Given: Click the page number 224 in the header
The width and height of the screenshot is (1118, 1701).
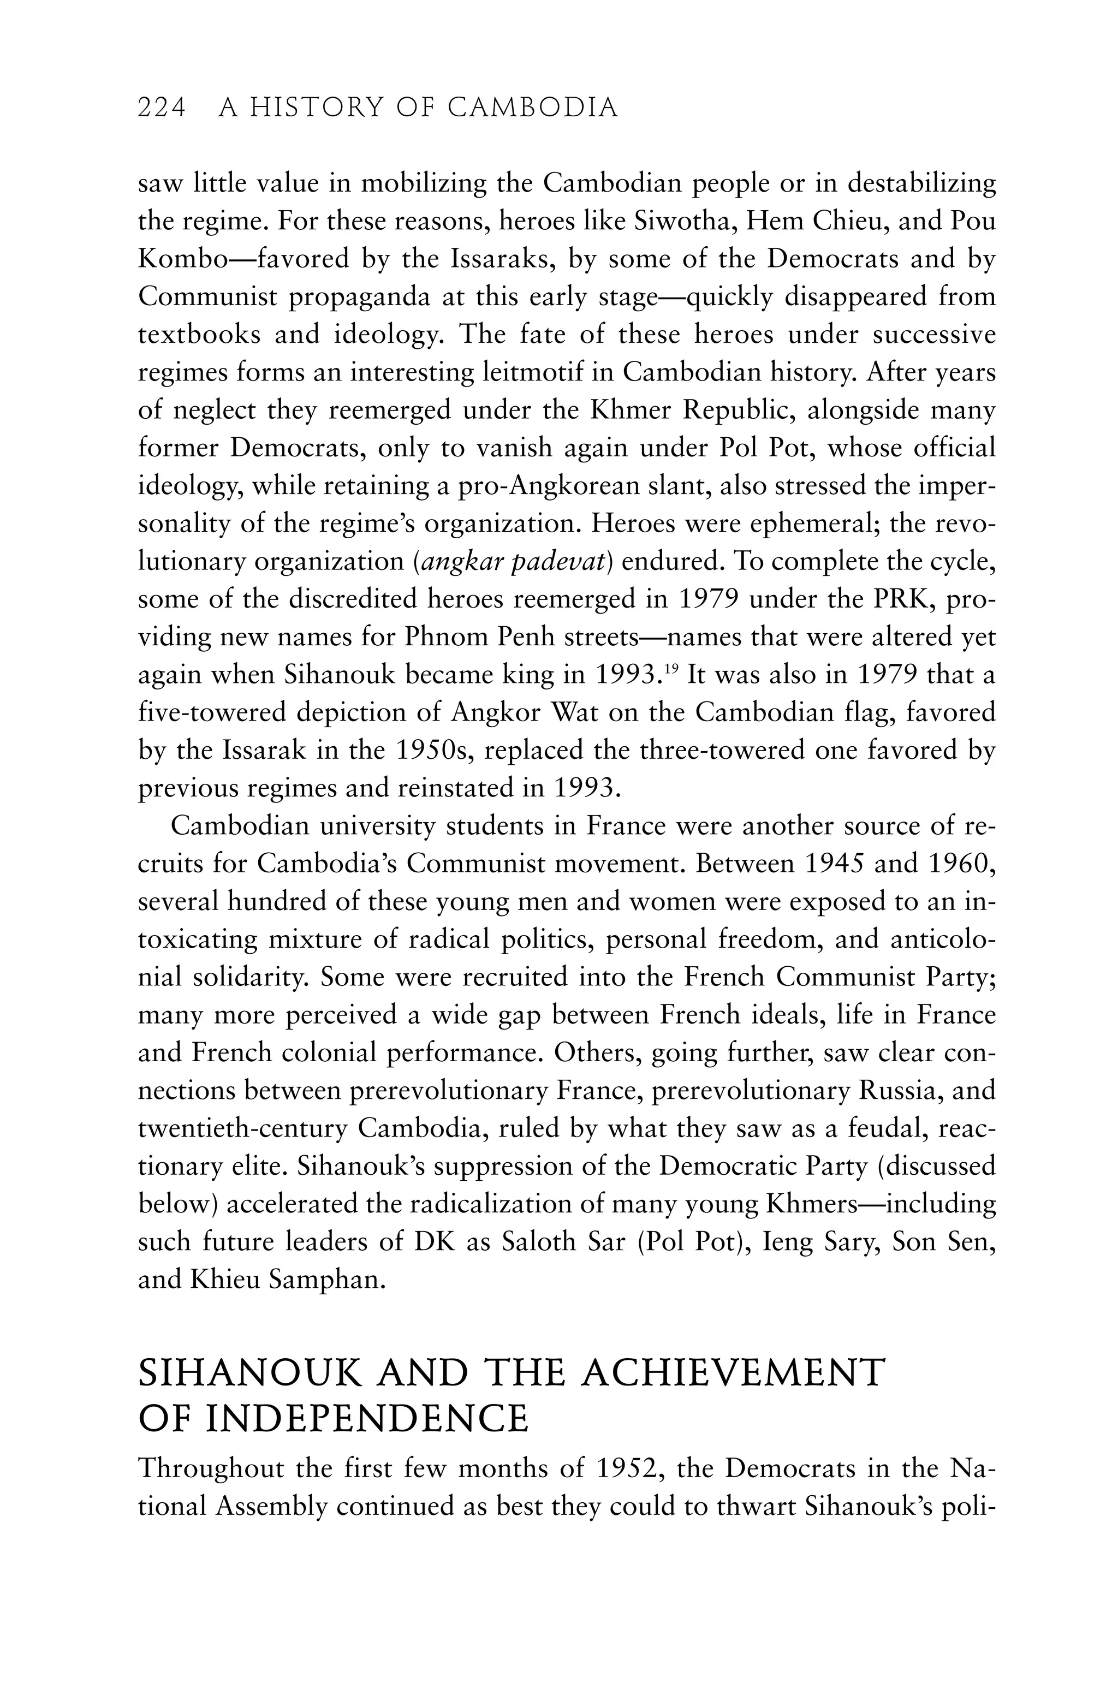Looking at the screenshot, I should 162,108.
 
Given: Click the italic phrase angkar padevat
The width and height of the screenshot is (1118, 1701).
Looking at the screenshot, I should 513,562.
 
